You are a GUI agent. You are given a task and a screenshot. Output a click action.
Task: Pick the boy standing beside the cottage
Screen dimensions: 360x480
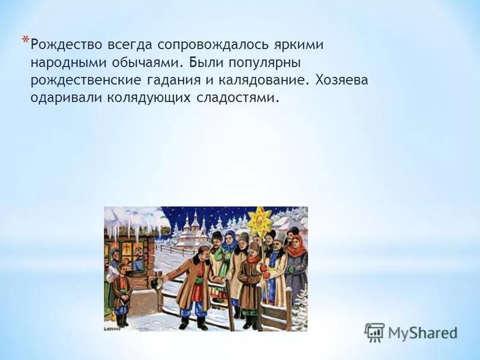click(x=122, y=291)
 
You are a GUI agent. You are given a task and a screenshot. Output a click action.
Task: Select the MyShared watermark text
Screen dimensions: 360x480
click(x=422, y=332)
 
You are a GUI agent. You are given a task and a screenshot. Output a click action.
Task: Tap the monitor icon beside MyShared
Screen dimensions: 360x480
click(x=374, y=332)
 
